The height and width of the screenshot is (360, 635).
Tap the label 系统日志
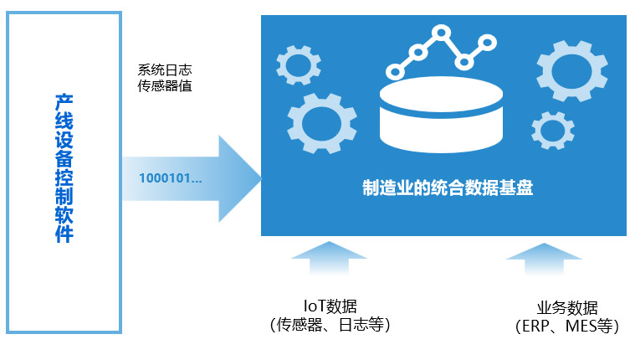[x=164, y=69]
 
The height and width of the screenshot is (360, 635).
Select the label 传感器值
[x=164, y=85]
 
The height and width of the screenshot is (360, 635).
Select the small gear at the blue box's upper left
[x=299, y=64]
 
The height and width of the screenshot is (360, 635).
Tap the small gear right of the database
[x=553, y=131]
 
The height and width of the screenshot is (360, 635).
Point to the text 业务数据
[x=567, y=308]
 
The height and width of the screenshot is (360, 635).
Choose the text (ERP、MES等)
[x=567, y=327]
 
